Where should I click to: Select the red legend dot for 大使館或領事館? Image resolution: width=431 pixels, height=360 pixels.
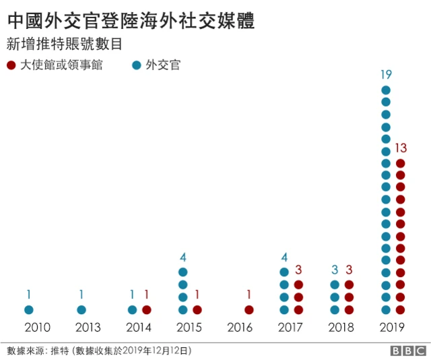[11, 65]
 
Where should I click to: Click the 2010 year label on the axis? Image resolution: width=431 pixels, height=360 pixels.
[37, 328]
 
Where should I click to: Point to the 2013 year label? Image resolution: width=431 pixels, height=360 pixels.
[88, 328]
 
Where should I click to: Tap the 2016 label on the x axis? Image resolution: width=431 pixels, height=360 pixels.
[240, 328]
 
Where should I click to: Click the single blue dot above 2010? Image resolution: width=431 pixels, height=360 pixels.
[29, 309]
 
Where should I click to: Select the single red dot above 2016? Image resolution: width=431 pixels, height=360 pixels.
[249, 309]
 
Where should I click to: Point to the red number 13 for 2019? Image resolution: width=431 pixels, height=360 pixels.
[401, 148]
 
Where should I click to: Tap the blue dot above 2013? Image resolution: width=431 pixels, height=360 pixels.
[81, 309]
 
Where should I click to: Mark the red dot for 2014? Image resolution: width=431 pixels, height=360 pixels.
[147, 309]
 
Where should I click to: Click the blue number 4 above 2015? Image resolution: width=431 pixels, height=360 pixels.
[183, 257]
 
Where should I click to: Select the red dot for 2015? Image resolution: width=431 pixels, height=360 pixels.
[197, 309]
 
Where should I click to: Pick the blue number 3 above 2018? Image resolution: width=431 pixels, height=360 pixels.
[335, 270]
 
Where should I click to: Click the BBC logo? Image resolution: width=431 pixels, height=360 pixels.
[407, 351]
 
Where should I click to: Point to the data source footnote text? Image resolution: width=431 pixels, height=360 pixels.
[99, 351]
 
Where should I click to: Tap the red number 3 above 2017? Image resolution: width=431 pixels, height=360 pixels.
[298, 270]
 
